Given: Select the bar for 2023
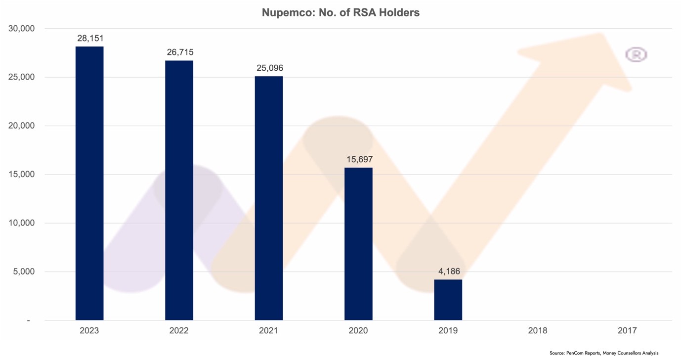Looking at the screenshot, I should point(89,183).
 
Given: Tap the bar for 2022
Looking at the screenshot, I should point(179,190).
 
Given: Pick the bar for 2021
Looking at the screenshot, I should point(269,198).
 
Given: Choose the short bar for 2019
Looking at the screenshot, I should point(448,300).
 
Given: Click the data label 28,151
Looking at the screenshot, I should point(90,39).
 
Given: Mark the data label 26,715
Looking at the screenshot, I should point(179,52).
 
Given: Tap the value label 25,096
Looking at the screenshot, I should point(269,68).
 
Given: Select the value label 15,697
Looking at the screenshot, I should point(359,160).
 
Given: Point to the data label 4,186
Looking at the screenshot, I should point(449,271).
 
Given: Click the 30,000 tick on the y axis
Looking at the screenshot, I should point(22,29).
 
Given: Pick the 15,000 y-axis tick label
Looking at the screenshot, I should point(22,175).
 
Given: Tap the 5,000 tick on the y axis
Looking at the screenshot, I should point(24,271).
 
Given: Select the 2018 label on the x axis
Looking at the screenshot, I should point(538,330).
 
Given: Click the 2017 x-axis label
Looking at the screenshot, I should point(627,330).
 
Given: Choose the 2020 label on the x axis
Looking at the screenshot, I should point(358,330).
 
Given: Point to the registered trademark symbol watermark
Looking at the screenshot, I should point(636,54).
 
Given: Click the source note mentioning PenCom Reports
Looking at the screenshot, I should point(603,353).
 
